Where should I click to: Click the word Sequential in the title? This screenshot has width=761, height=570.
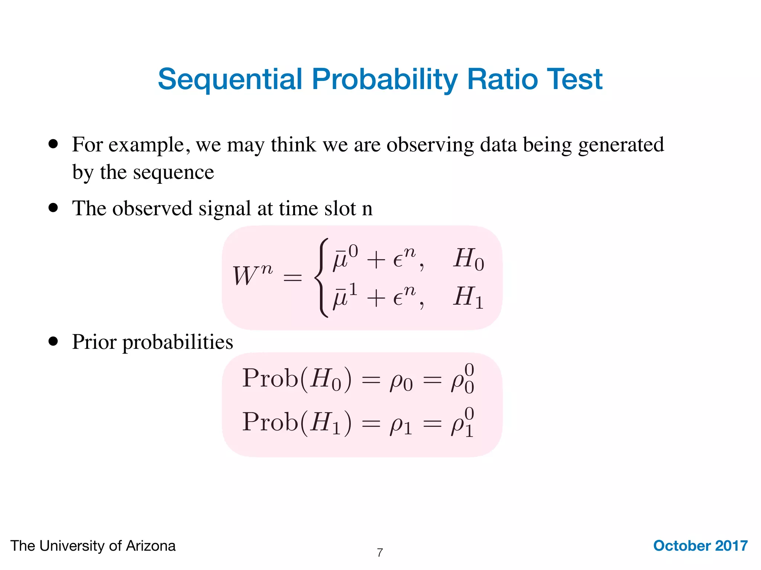tap(230, 79)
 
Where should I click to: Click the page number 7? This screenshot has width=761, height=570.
tap(380, 553)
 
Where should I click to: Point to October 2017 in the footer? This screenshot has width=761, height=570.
tap(700, 546)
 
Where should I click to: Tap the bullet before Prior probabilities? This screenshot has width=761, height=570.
tap(54, 341)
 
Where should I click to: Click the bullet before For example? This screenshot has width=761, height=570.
tap(54, 144)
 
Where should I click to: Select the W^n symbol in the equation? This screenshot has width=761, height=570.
tap(252, 275)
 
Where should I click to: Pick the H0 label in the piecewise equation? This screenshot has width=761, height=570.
tap(468, 259)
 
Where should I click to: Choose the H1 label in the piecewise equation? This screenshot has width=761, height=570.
tap(468, 297)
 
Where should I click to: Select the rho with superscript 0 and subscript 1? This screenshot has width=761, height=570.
tap(462, 423)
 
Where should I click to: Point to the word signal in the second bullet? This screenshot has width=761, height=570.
tap(225, 208)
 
